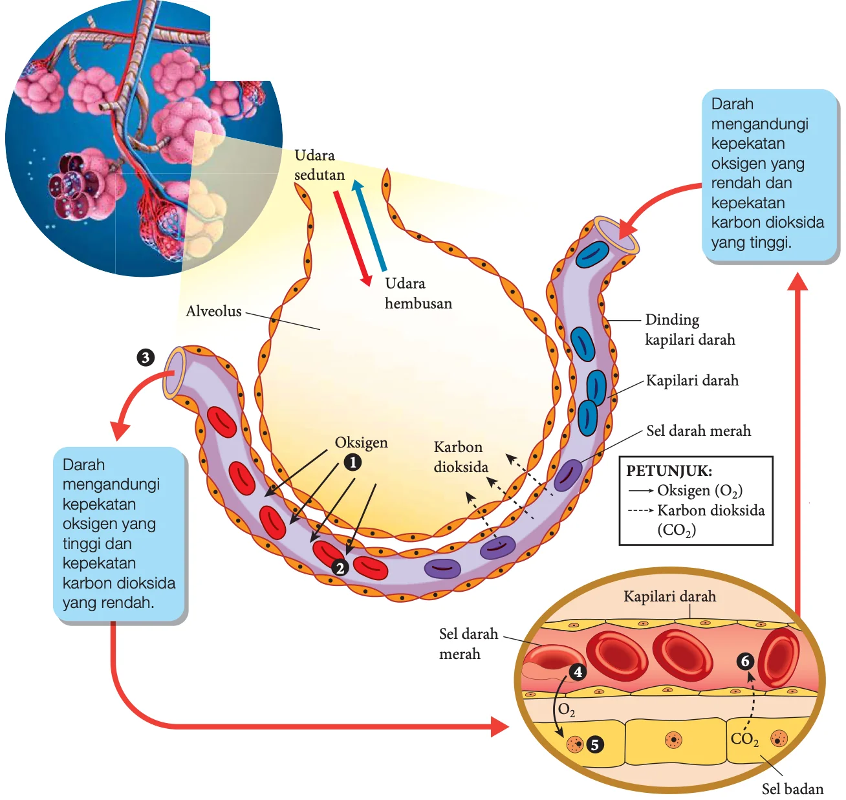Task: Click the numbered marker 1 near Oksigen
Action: pyautogui.click(x=352, y=462)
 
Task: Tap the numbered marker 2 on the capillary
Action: pyautogui.click(x=340, y=568)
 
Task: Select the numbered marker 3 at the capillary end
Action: pyautogui.click(x=146, y=358)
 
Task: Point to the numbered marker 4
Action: pyautogui.click(x=578, y=672)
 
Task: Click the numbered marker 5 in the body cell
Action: pyautogui.click(x=594, y=745)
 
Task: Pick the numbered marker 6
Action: pyautogui.click(x=745, y=661)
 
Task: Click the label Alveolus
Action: pyautogui.click(x=214, y=311)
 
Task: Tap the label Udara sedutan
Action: pyautogui.click(x=320, y=165)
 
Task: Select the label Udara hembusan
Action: pyautogui.click(x=418, y=294)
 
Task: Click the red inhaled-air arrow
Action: pyautogui.click(x=352, y=239)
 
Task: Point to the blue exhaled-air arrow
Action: pyautogui.click(x=369, y=226)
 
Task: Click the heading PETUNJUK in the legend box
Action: pyautogui.click(x=669, y=471)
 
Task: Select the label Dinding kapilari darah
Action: pyautogui.click(x=690, y=330)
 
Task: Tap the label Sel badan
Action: pyautogui.click(x=793, y=789)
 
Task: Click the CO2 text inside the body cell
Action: pyautogui.click(x=744, y=739)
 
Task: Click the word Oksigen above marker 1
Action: pyautogui.click(x=362, y=442)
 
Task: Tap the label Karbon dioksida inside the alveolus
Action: pyautogui.click(x=461, y=457)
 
